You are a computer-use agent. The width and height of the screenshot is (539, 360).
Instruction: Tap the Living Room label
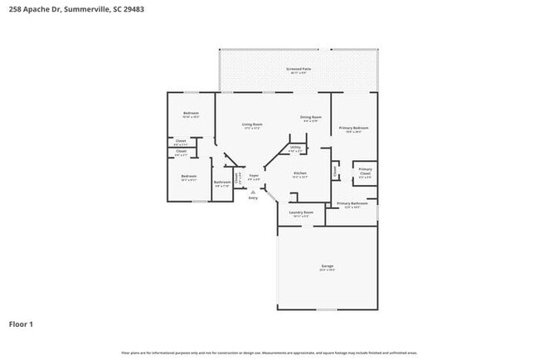click(252, 124)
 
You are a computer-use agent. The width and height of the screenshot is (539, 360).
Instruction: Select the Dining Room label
click(311, 118)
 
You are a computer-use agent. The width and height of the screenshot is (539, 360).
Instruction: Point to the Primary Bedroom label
click(353, 128)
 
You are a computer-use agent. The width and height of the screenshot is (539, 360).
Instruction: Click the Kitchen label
click(300, 173)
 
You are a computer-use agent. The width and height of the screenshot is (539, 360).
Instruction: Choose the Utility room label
click(295, 148)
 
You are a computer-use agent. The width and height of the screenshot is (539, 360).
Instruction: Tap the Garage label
click(327, 266)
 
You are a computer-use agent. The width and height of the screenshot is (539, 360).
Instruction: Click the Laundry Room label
click(300, 212)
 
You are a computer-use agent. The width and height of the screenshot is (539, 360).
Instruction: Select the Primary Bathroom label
click(352, 203)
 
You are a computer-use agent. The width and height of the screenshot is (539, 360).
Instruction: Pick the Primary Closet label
click(365, 170)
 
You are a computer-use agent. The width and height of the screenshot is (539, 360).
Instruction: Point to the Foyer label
click(255, 176)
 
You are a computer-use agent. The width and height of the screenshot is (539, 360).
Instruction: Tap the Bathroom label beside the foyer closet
click(222, 182)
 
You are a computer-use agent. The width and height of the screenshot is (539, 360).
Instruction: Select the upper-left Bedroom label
click(191, 113)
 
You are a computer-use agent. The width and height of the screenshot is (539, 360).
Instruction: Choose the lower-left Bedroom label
click(189, 176)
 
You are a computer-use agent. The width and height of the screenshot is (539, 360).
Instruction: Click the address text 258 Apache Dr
click(34, 9)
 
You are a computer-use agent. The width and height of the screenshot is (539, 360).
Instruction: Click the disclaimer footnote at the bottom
click(269, 353)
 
